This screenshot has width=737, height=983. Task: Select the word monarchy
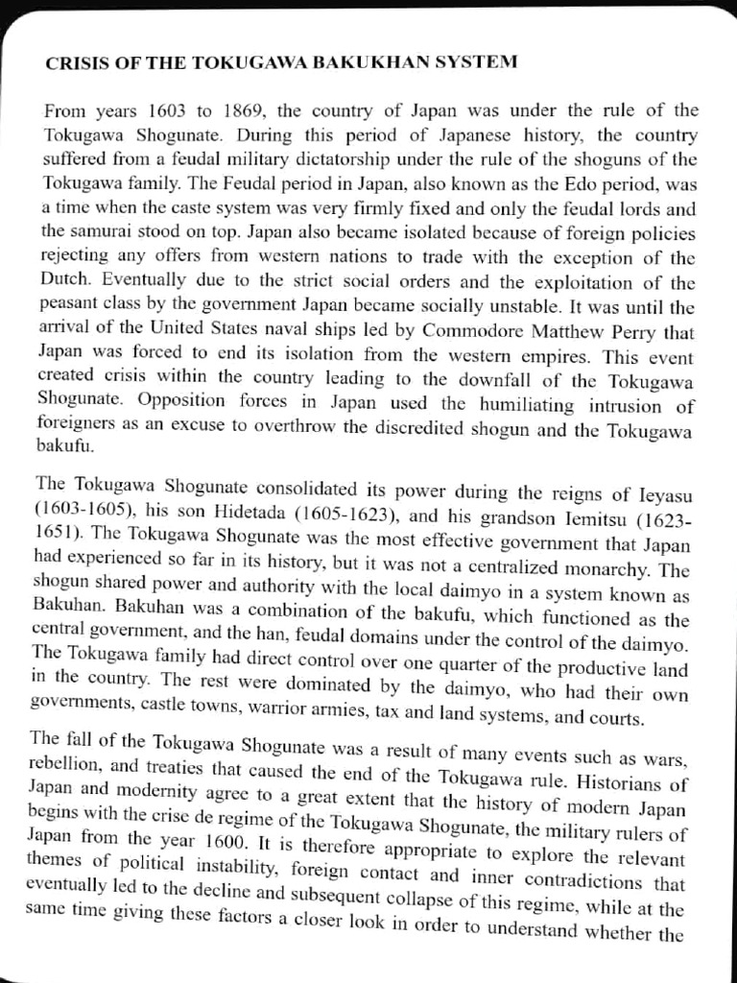pos(624,568)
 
